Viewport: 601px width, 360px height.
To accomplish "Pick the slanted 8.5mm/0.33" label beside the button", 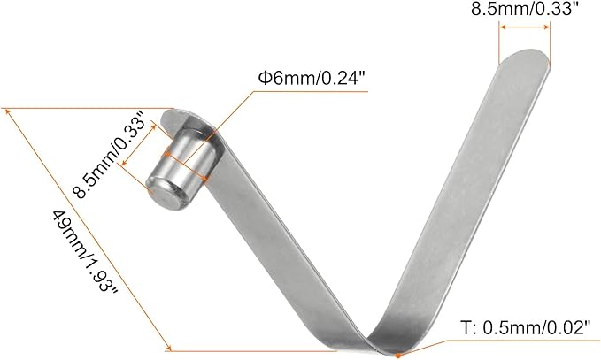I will click(x=97, y=159).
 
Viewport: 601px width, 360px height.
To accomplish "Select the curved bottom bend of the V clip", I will click(x=376, y=341).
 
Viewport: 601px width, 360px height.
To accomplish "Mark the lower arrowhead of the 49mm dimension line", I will click(x=166, y=349).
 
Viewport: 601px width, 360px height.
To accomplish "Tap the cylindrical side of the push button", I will click(x=190, y=159).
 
